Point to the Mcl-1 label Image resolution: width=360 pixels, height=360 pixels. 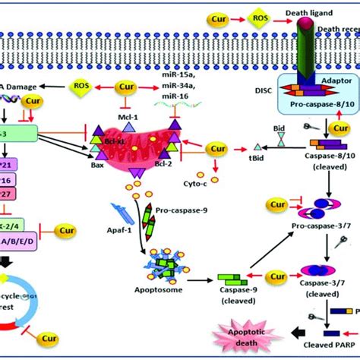click(x=127, y=107)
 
